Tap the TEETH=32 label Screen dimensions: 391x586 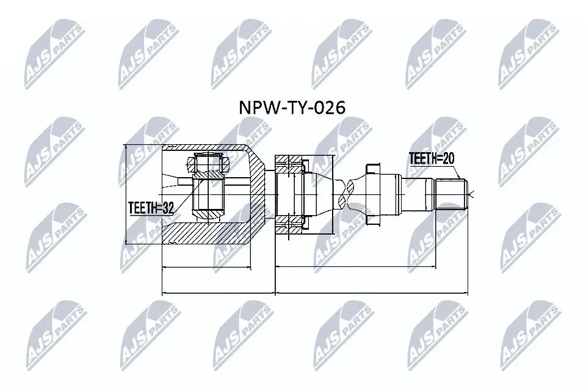[151, 208]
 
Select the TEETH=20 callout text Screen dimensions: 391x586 [432, 159]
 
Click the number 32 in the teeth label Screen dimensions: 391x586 [168, 208]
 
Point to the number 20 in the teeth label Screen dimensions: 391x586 [448, 159]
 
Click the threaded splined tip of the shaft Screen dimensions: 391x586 [452, 194]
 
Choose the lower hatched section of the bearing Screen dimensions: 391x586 [289, 226]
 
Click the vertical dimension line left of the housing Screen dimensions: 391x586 [125, 194]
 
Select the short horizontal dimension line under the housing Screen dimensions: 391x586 [206, 267]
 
